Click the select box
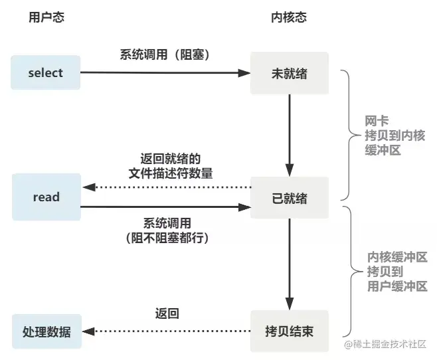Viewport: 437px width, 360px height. coord(45,72)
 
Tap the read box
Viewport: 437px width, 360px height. coord(46,197)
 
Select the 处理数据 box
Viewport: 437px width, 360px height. coord(46,331)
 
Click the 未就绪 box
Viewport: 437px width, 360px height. coord(289,72)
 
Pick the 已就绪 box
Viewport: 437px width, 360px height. coord(289,197)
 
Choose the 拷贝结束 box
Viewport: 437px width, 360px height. coord(289,331)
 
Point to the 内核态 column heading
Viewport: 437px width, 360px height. coord(290,17)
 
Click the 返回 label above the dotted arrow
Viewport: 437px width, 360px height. coord(167,313)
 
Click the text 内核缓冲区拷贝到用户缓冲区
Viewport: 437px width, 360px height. coord(397,272)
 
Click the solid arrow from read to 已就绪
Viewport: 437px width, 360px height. coord(165,207)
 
